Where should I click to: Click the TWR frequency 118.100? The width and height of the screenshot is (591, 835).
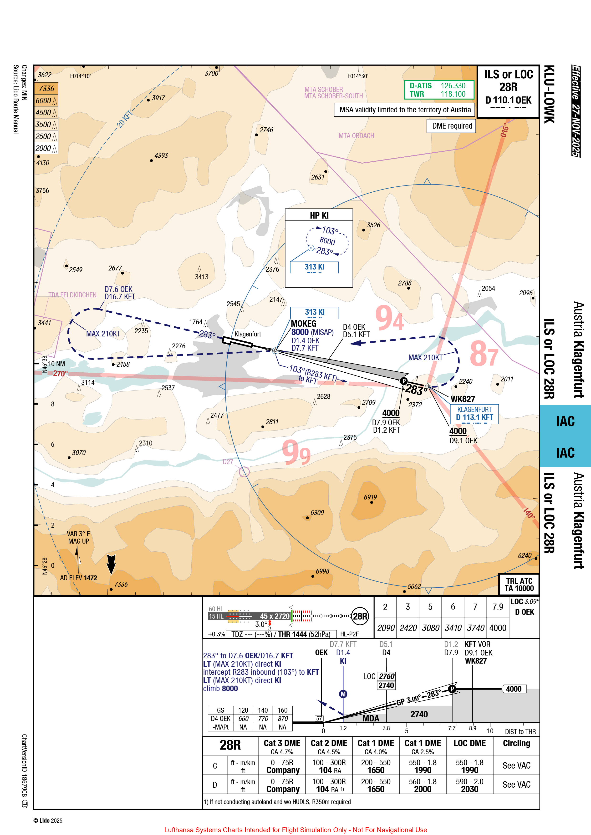pyautogui.click(x=453, y=94)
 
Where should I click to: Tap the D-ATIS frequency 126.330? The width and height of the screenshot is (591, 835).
pyautogui.click(x=453, y=85)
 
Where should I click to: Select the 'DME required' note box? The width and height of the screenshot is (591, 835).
pyautogui.click(x=452, y=126)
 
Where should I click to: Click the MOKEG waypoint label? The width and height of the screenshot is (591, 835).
pyautogui.click(x=304, y=323)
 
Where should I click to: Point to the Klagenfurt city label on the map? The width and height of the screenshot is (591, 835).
pyautogui.click(x=247, y=334)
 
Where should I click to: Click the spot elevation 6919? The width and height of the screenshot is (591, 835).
pyautogui.click(x=370, y=497)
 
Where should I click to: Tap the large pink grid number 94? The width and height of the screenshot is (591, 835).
pyautogui.click(x=389, y=318)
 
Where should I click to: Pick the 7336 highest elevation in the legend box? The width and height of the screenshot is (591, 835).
pyautogui.click(x=46, y=88)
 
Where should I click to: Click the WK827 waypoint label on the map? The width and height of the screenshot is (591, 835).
pyautogui.click(x=463, y=399)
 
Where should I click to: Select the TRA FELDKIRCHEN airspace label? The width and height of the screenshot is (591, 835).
pyautogui.click(x=72, y=295)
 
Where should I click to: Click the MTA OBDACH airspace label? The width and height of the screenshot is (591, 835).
pyautogui.click(x=356, y=136)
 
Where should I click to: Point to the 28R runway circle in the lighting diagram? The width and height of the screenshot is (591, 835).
pyautogui.click(x=360, y=616)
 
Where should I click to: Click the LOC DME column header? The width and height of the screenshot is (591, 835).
pyautogui.click(x=469, y=743)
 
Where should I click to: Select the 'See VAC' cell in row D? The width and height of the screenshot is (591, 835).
pyautogui.click(x=516, y=785)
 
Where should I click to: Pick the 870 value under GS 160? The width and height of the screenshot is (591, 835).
pyautogui.click(x=282, y=719)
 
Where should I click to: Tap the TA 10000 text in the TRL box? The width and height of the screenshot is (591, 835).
pyautogui.click(x=519, y=588)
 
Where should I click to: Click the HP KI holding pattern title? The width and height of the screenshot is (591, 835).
pyautogui.click(x=319, y=215)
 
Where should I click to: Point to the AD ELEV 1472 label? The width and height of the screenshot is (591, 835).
pyautogui.click(x=79, y=578)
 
